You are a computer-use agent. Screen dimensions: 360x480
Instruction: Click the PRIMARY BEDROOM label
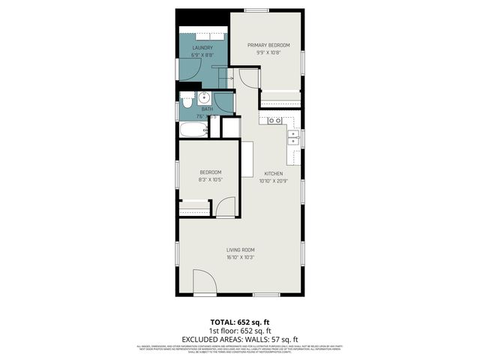click(268, 45)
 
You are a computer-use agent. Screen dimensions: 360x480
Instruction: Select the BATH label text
click(207, 109)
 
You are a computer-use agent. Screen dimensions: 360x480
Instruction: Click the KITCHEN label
click(272, 173)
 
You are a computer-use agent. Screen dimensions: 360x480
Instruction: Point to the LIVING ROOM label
click(241, 250)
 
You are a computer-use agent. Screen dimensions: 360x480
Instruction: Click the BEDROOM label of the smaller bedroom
click(210, 172)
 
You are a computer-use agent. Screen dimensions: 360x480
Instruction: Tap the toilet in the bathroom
click(187, 97)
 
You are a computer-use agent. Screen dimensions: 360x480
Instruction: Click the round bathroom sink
click(203, 97)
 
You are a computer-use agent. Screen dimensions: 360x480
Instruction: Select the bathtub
click(193, 130)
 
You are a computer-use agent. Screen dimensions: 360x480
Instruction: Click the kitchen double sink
click(274, 120)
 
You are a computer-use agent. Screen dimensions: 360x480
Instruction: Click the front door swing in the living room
click(205, 283)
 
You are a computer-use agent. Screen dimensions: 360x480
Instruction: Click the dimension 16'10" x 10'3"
click(241, 257)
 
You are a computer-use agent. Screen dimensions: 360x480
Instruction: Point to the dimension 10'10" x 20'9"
click(272, 181)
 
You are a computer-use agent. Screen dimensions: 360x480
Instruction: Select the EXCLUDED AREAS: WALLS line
click(240, 338)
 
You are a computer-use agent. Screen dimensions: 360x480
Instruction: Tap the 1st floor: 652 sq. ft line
click(240, 331)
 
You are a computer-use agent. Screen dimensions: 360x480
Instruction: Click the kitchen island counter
click(247, 159)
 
